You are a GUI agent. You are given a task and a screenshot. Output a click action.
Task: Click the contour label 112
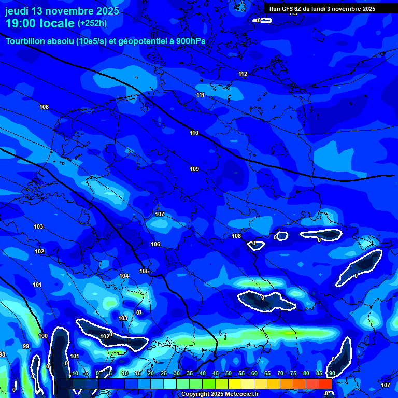243,74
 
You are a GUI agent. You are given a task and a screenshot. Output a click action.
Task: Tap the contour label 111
201,95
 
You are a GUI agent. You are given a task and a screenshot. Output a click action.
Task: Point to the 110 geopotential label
194,133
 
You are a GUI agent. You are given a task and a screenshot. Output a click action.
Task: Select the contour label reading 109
194,169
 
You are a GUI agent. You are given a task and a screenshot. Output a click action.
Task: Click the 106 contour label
155,244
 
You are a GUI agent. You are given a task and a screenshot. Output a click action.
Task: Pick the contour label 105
144,271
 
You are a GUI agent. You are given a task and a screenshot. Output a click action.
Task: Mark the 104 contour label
124,276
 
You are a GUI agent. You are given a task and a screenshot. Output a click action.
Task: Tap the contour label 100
43,336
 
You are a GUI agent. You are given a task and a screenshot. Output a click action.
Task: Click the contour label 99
26,346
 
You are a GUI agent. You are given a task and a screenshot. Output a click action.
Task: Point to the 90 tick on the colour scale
331,373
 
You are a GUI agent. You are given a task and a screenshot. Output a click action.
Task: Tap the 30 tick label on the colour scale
177,373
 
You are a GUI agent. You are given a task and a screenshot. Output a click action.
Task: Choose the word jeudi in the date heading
19,11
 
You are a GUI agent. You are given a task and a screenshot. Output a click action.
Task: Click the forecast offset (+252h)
92,23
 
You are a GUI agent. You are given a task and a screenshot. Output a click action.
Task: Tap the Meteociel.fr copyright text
220,394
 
